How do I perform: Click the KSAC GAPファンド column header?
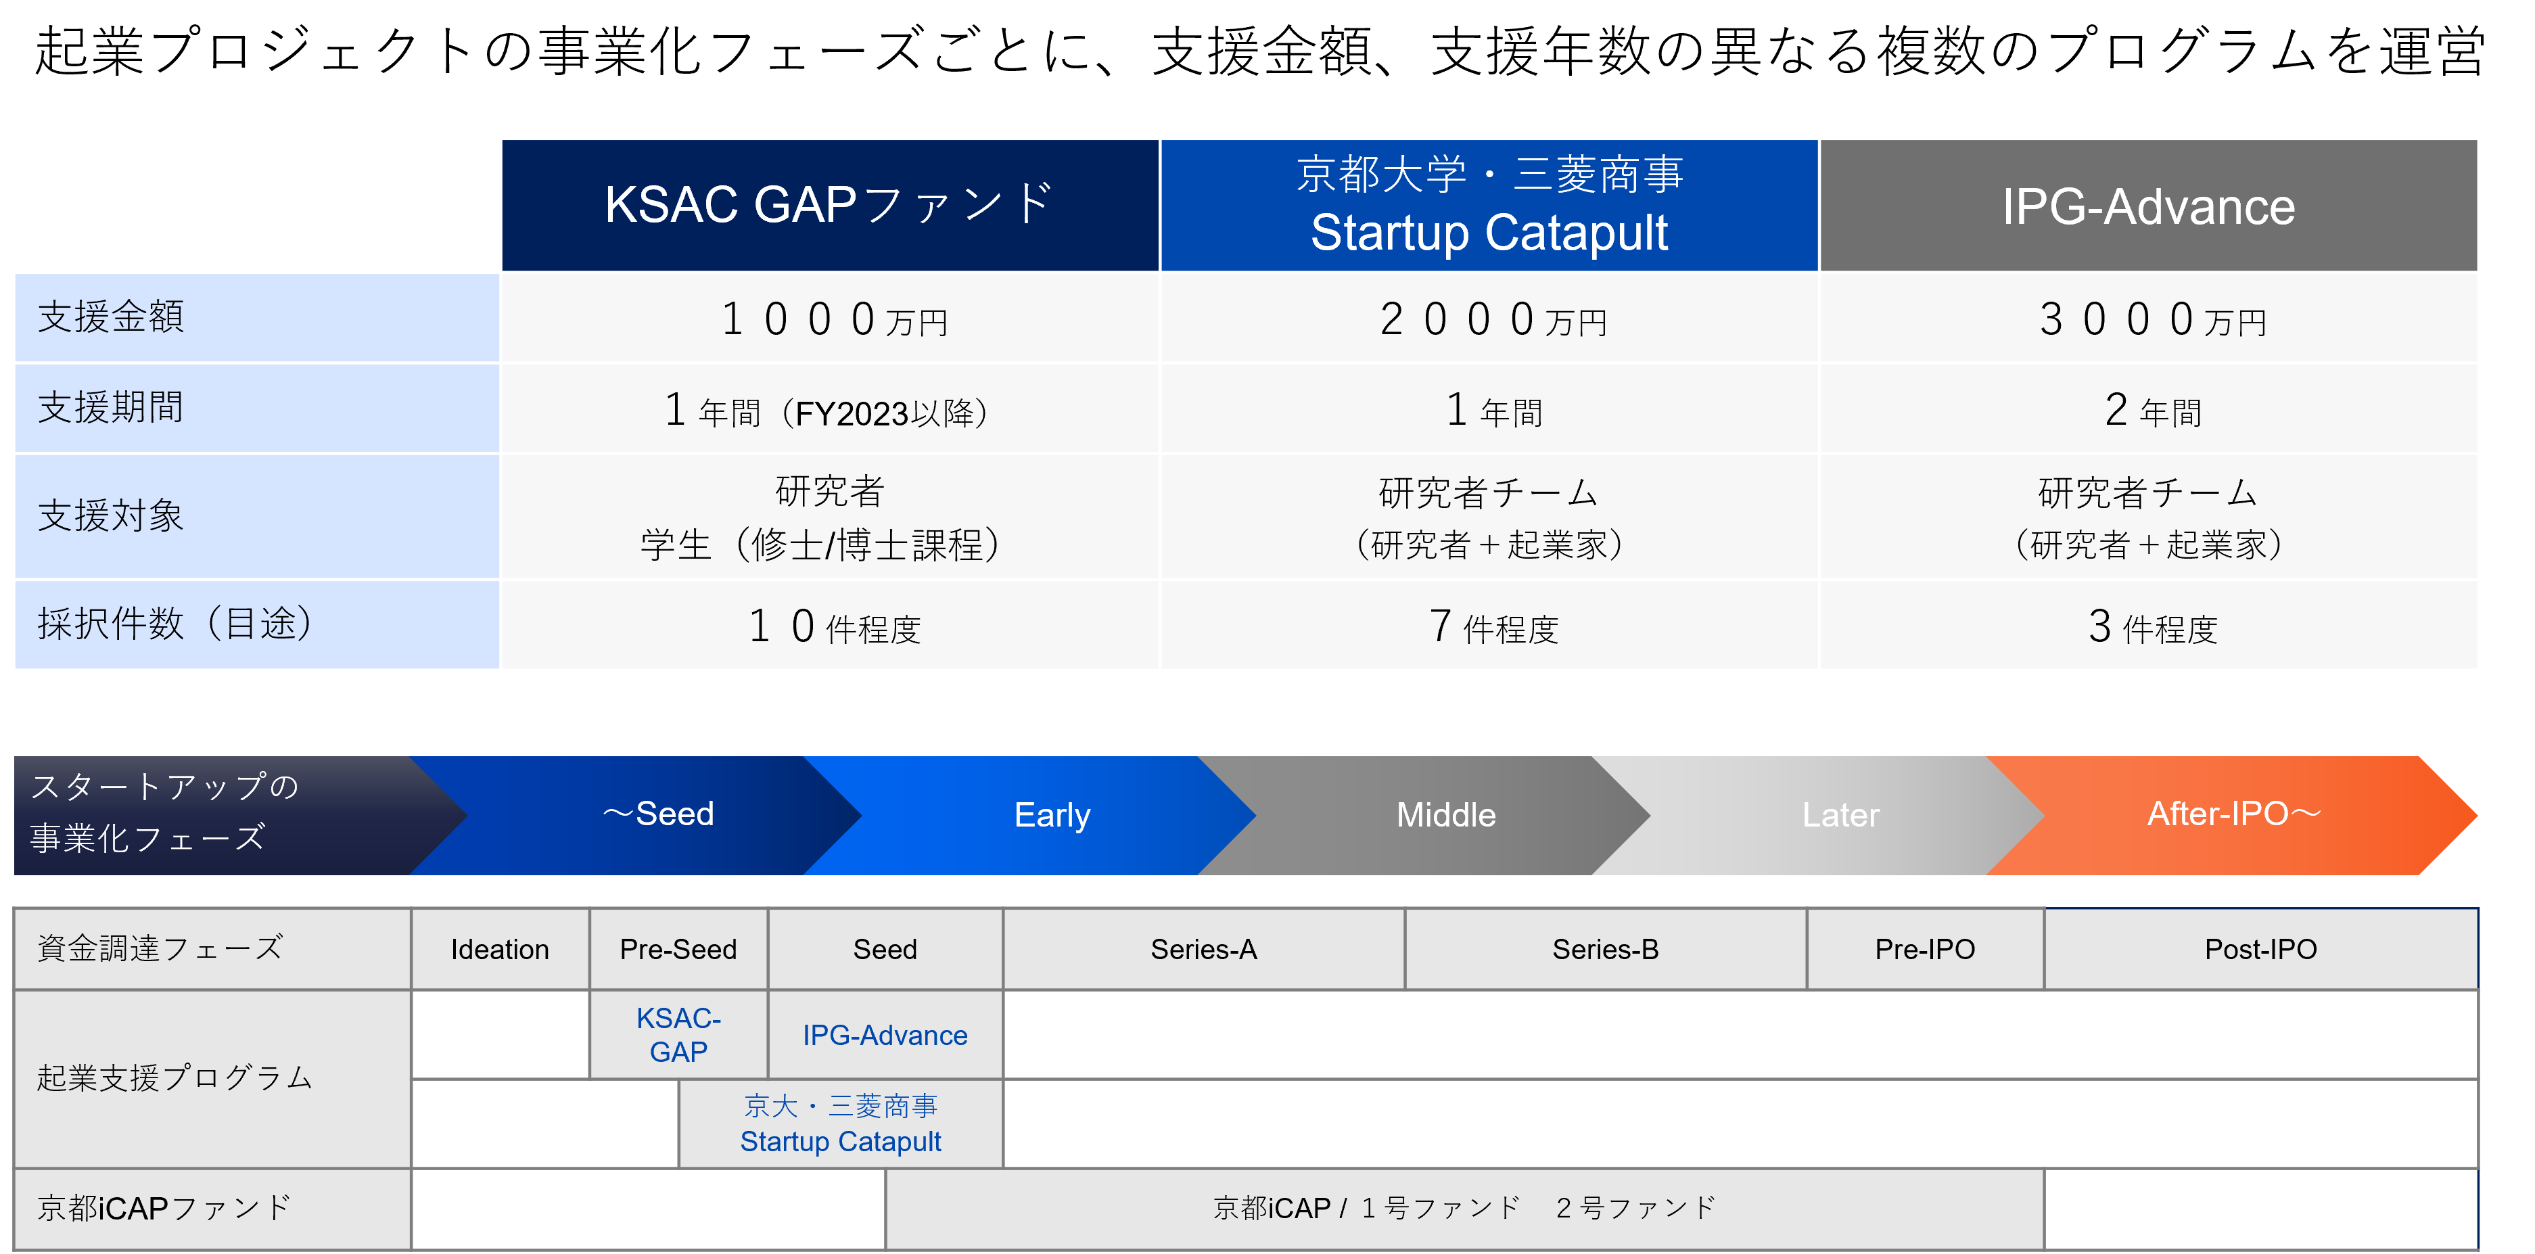click(830, 205)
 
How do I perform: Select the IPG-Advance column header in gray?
click(2148, 205)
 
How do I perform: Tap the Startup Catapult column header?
click(1489, 205)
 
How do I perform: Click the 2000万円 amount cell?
click(1489, 318)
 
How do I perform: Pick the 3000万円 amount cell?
click(2148, 318)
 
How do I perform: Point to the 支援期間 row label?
click(257, 407)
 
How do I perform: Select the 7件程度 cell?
click(1489, 625)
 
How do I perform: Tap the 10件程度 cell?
click(830, 625)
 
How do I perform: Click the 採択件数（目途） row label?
click(257, 624)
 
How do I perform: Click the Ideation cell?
click(500, 949)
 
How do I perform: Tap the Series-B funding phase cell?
click(1605, 949)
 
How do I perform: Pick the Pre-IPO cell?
click(1925, 949)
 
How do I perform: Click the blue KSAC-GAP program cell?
click(678, 1034)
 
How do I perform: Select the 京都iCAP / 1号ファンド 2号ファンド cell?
click(1464, 1208)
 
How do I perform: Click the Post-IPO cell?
click(2260, 949)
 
